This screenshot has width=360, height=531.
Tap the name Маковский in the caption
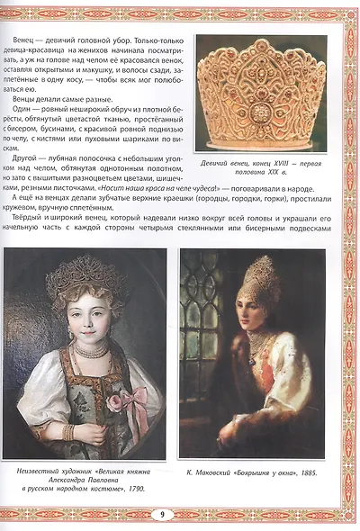[218, 470]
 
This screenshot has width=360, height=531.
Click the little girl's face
[88, 319]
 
